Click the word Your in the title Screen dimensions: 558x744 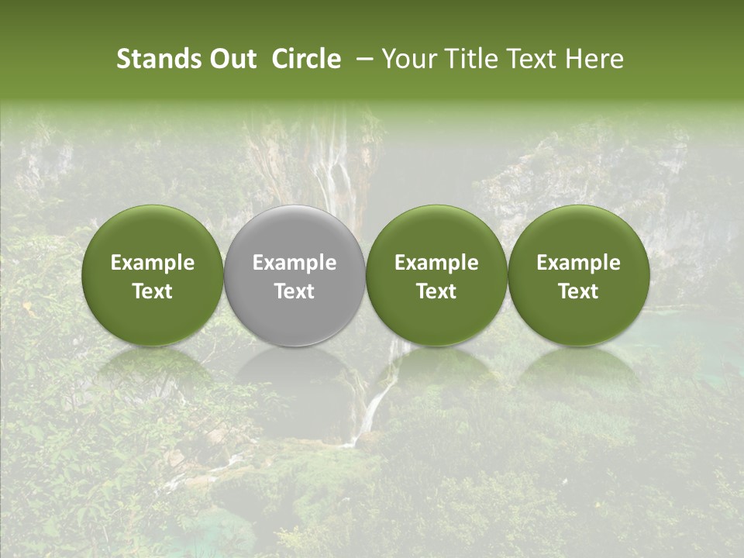coord(407,59)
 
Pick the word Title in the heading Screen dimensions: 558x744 coord(465,59)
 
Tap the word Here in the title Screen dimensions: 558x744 coord(593,59)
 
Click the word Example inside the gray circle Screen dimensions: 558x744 coord(294,263)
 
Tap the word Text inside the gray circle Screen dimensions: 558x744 coord(294,291)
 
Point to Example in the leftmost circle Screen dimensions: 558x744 coord(153,263)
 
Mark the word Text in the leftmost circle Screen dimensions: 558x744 coord(153,291)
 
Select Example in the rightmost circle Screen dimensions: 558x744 coord(578,263)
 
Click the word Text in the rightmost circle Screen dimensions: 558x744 coord(578,291)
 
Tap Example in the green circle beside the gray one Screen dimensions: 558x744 coord(436,263)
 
